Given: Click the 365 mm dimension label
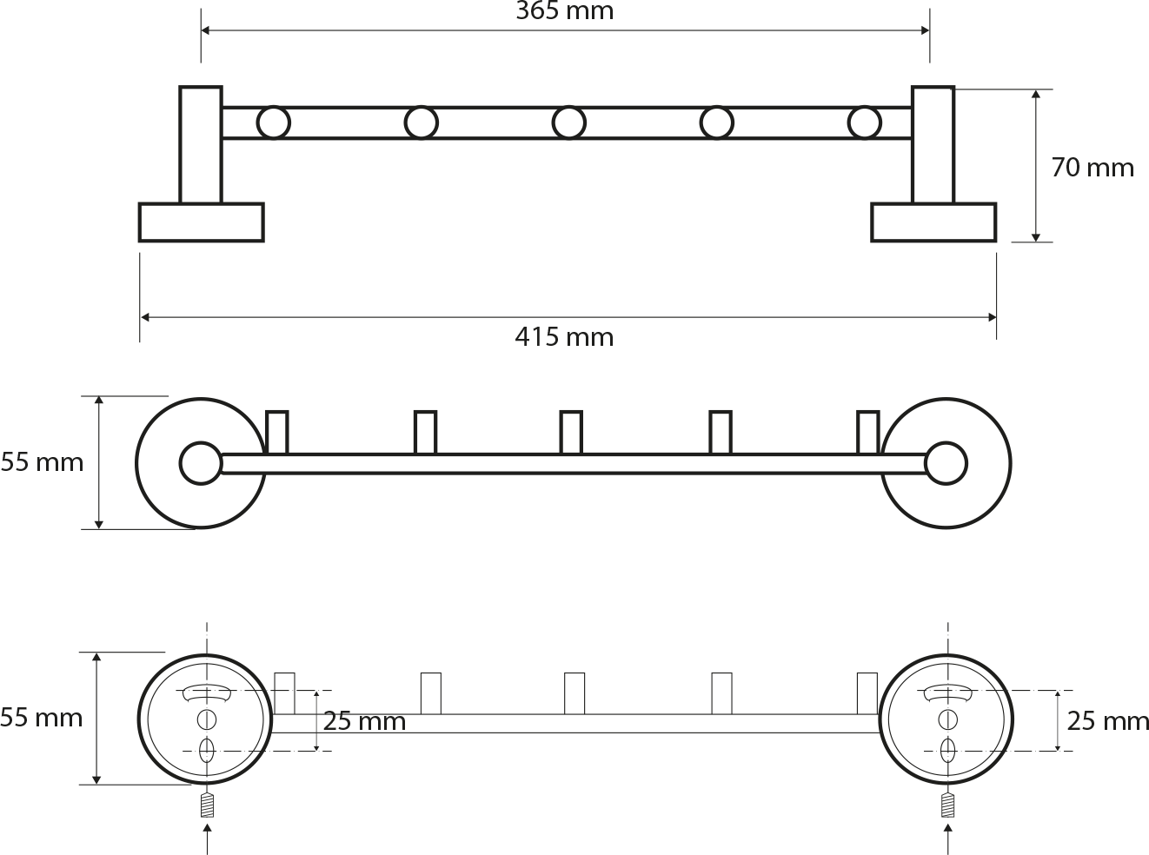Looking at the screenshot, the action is [x=565, y=11].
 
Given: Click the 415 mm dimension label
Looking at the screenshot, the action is [x=564, y=337].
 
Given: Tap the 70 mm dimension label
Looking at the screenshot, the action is [x=1093, y=168].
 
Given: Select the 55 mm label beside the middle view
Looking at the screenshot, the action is [x=42, y=462].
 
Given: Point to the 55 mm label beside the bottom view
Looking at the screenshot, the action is [x=42, y=718].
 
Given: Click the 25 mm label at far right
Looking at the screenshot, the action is [x=1107, y=721].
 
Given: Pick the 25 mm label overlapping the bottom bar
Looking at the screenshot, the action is [x=364, y=721].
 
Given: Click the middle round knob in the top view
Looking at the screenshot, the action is [x=568, y=123].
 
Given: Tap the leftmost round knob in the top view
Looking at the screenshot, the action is [x=274, y=123].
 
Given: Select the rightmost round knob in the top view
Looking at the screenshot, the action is [x=864, y=123].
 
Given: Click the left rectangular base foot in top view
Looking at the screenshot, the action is [x=202, y=222].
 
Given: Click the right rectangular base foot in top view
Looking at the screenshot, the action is [x=933, y=222].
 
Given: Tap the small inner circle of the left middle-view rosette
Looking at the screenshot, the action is [x=201, y=463].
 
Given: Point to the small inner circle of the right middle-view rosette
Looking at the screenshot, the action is [x=946, y=463].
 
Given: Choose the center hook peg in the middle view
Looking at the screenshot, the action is [x=571, y=433].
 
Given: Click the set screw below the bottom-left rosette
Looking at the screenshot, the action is [x=207, y=805].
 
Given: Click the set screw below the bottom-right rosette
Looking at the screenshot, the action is [x=947, y=805].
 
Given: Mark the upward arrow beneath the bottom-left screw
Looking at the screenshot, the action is [x=207, y=839].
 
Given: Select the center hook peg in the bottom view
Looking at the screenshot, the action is [x=574, y=693].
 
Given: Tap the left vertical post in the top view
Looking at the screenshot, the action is [x=201, y=144].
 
